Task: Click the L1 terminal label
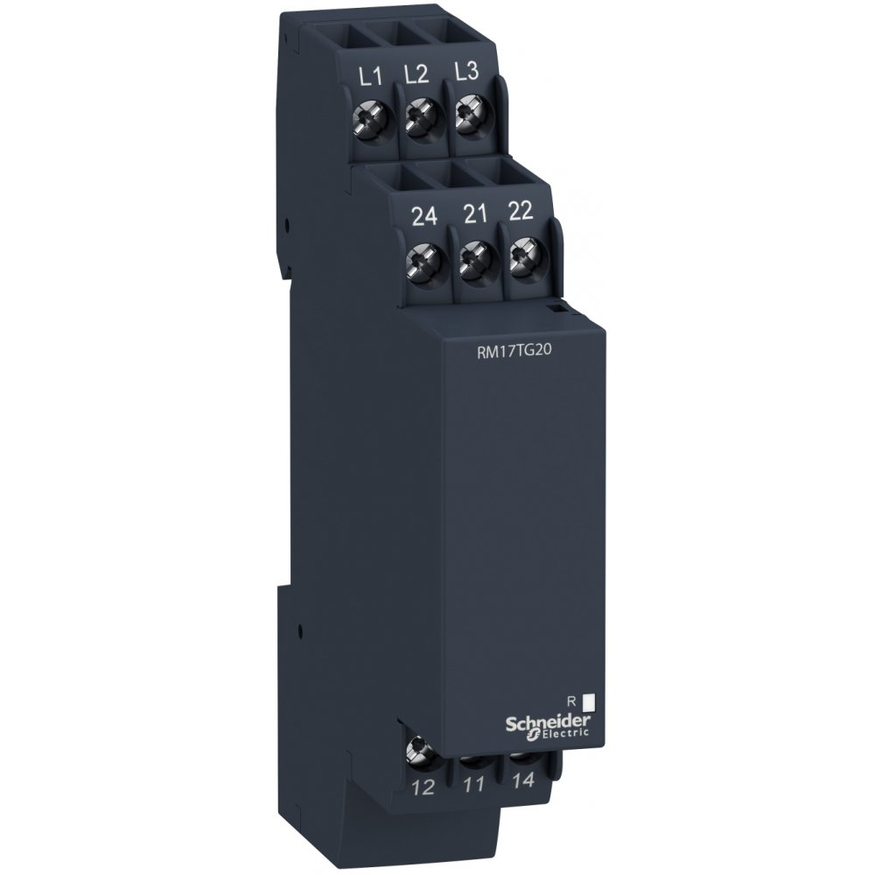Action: pos(370,76)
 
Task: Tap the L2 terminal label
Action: pos(416,74)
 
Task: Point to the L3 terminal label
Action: pos(466,72)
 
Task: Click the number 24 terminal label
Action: pos(423,216)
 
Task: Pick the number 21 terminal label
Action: pos(475,213)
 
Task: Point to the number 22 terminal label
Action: pos(521,211)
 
